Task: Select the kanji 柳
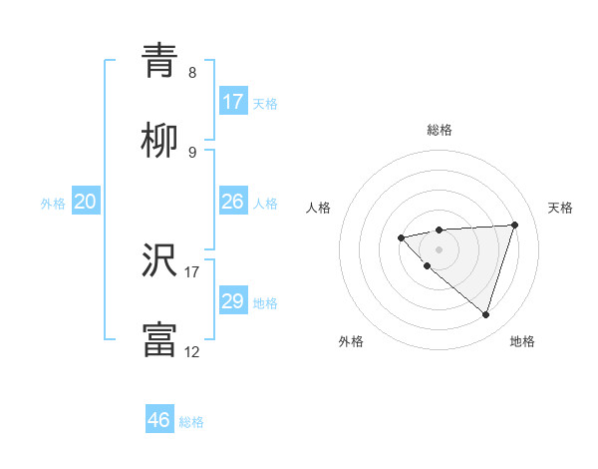point(159,142)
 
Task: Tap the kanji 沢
point(159,260)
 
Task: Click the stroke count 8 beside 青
point(192,73)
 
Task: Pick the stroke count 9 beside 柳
point(192,153)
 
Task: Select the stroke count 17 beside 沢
point(192,270)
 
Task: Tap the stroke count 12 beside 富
point(192,351)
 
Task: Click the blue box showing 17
point(233,102)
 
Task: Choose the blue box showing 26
point(233,202)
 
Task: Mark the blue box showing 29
point(233,301)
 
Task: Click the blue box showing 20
point(86,202)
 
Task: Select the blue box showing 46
point(159,420)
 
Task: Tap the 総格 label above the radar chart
point(439,130)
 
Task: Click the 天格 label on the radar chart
point(560,208)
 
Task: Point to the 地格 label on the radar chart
point(522,341)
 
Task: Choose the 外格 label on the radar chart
point(351,341)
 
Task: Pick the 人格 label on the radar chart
point(319,208)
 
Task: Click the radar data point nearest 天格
point(514,225)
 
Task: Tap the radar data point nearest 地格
point(485,315)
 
